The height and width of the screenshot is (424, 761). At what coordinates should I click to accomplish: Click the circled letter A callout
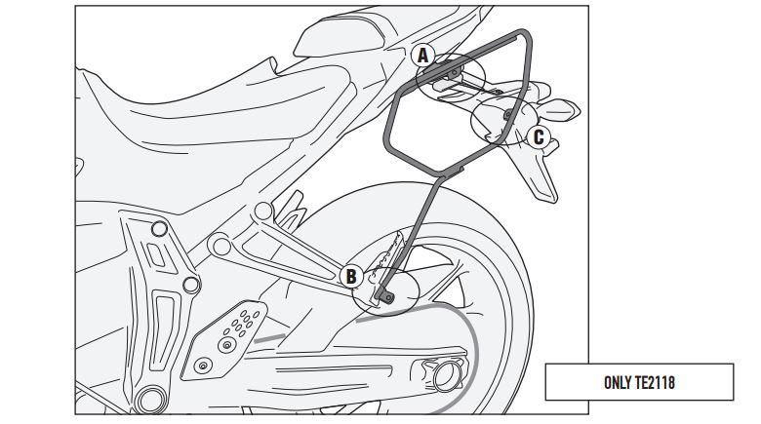(423, 56)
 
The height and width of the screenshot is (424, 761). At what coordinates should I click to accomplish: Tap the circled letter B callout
(351, 276)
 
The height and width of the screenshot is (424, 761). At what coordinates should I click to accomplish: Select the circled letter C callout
(538, 136)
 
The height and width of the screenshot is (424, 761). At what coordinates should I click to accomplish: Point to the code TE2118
(655, 381)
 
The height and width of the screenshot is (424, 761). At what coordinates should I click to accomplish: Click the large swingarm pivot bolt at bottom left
(151, 399)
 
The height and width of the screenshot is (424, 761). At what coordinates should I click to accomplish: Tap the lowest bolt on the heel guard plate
(202, 366)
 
